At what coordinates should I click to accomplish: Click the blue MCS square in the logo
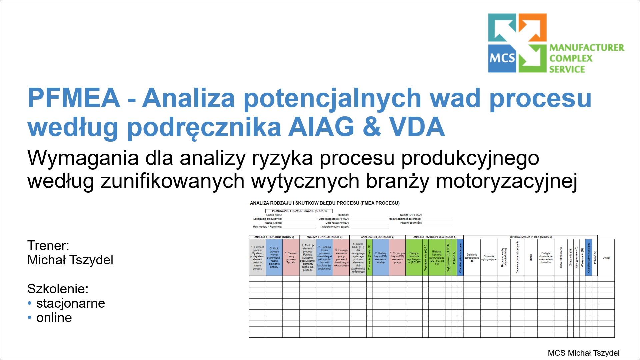[502, 58]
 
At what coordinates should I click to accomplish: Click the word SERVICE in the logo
[567, 69]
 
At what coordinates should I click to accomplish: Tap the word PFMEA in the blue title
[74, 98]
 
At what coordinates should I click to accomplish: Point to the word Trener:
[48, 246]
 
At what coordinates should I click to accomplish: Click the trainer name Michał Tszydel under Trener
[70, 260]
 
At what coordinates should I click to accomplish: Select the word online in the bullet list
[54, 318]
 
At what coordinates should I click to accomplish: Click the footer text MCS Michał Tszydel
[583, 353]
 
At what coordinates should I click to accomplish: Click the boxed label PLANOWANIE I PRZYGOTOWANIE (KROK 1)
[299, 211]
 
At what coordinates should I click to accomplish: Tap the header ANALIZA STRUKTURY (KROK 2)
[274, 237]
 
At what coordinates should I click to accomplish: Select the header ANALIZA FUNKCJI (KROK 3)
[324, 237]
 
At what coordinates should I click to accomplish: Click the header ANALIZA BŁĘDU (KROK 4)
[377, 237]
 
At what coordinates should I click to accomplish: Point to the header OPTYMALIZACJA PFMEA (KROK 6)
[531, 237]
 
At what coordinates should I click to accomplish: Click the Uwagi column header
[606, 258]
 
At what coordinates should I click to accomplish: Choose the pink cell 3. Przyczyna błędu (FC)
[397, 258]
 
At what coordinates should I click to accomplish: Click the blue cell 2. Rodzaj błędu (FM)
[380, 258]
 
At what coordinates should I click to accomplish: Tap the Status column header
[531, 258]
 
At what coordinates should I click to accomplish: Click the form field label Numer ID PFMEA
[411, 215]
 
